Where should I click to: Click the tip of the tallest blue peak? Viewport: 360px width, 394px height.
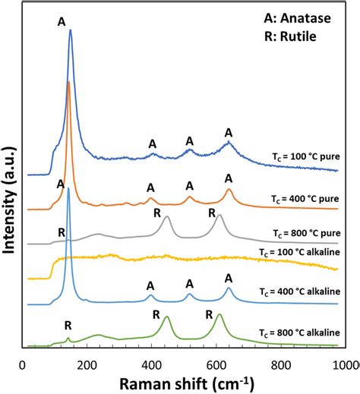pyautogui.click(x=71, y=30)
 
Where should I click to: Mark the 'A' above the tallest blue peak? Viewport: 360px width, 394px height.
pyautogui.click(x=62, y=22)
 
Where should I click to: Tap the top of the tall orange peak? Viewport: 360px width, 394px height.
pyautogui.click(x=68, y=81)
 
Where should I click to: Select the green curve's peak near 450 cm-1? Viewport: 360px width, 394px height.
pyautogui.click(x=167, y=317)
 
